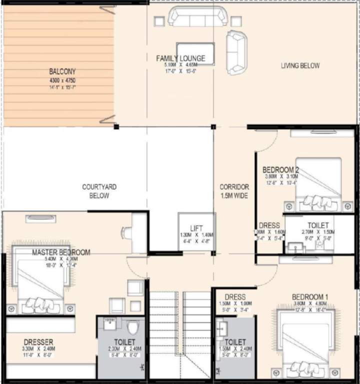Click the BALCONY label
(62, 71)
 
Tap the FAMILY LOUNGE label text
(180, 58)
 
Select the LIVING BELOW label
(300, 65)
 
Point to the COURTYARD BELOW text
(99, 191)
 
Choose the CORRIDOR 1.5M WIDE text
(234, 191)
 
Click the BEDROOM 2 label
(281, 169)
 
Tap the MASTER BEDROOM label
(61, 252)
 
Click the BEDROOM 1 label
(310, 297)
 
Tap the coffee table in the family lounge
(196, 54)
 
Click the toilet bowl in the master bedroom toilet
(133, 327)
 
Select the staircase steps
(180, 325)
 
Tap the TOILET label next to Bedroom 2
(318, 225)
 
